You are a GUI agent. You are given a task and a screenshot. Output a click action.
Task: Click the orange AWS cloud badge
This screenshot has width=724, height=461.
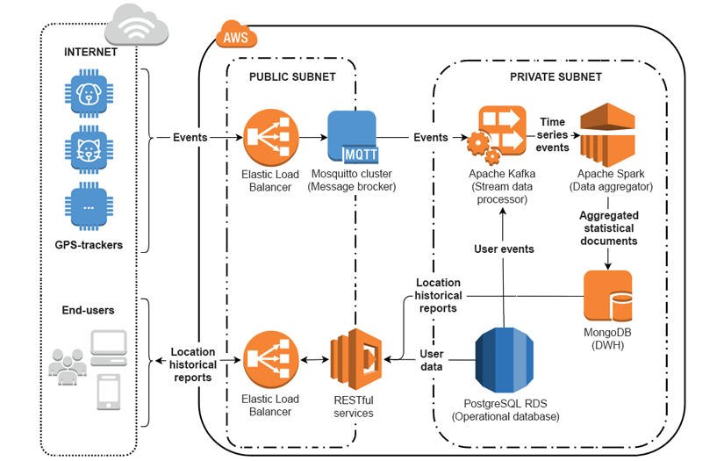click(x=235, y=37)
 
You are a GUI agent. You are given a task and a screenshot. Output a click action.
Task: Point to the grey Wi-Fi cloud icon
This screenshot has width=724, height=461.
click(x=136, y=24)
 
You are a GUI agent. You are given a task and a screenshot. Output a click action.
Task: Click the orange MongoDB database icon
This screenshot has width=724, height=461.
click(x=608, y=297)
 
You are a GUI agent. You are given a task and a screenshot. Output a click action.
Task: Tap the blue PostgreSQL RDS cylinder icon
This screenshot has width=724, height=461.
click(x=505, y=360)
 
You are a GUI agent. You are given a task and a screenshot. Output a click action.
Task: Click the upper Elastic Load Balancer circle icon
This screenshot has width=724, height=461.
click(x=269, y=136)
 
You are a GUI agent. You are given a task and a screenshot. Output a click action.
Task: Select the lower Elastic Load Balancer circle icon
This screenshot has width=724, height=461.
click(x=269, y=359)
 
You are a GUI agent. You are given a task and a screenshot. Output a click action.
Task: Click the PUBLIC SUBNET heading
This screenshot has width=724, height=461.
click(x=292, y=76)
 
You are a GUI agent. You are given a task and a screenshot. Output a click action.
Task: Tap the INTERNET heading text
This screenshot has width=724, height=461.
click(x=90, y=52)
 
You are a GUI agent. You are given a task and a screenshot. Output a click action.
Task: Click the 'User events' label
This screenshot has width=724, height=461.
click(x=505, y=249)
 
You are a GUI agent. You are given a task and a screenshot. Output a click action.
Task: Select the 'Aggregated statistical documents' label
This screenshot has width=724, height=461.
click(x=608, y=227)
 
